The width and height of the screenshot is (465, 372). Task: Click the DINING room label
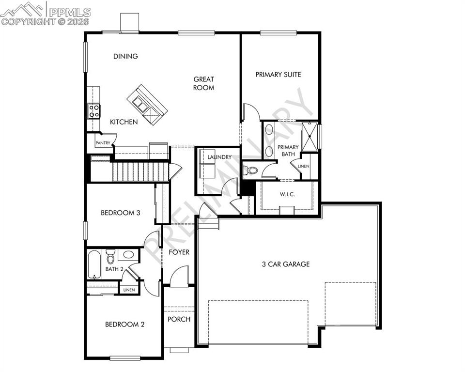point(125,56)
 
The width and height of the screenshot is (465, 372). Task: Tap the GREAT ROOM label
point(203,83)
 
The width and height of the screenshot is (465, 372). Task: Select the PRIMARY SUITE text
point(278,75)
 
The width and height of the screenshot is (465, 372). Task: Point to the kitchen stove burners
point(93,111)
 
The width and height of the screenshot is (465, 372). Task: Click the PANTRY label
point(103,143)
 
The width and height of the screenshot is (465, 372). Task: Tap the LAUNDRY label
point(219,157)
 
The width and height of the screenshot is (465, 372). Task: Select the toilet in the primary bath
point(251,170)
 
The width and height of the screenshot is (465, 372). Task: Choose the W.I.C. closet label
point(287,194)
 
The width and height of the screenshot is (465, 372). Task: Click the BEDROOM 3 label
point(121,212)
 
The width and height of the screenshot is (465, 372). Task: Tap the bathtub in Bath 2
point(94,264)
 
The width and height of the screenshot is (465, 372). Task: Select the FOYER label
point(179,252)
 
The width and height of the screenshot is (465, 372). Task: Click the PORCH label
point(179,319)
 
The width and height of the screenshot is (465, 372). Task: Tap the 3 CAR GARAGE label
point(285,264)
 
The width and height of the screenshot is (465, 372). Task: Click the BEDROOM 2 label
point(124,325)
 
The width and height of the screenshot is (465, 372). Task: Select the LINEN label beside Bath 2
point(129,290)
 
